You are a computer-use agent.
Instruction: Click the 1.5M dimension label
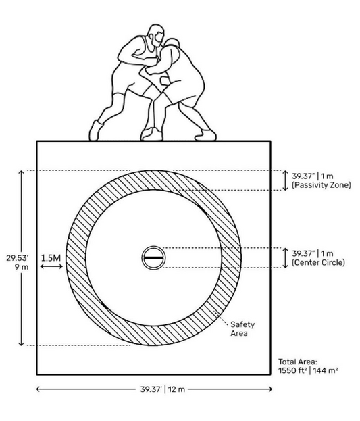pyautogui.click(x=51, y=258)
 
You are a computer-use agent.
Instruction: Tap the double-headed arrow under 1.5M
pyautogui.click(x=51, y=266)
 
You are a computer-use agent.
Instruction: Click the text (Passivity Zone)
pyautogui.click(x=322, y=185)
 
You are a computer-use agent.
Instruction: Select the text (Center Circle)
pyautogui.click(x=318, y=262)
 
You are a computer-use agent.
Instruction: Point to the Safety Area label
pyautogui.click(x=242, y=328)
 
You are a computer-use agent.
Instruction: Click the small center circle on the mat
pyautogui.click(x=153, y=257)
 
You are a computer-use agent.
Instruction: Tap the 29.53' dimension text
pyautogui.click(x=18, y=258)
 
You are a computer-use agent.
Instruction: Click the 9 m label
pyautogui.click(x=22, y=267)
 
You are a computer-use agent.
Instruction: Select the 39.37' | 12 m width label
pyautogui.click(x=163, y=389)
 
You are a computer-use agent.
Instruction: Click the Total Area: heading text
pyautogui.click(x=297, y=362)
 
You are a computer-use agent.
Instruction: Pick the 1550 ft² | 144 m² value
pyautogui.click(x=308, y=370)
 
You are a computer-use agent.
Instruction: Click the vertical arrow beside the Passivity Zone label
pyautogui.click(x=286, y=180)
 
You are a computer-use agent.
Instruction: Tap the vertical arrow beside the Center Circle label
pyautogui.click(x=286, y=257)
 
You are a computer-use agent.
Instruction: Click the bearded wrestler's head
pyautogui.click(x=156, y=35)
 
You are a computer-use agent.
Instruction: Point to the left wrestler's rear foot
pyautogui.click(x=95, y=130)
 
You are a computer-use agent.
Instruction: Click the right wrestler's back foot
pyautogui.click(x=205, y=135)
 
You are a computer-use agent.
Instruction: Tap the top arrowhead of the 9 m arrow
pyautogui.click(x=21, y=172)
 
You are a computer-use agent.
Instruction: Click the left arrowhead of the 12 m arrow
pyautogui.click(x=38, y=389)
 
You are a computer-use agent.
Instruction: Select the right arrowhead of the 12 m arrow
pyautogui.click(x=269, y=389)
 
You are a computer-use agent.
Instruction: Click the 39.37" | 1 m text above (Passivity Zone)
pyautogui.click(x=313, y=176)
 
